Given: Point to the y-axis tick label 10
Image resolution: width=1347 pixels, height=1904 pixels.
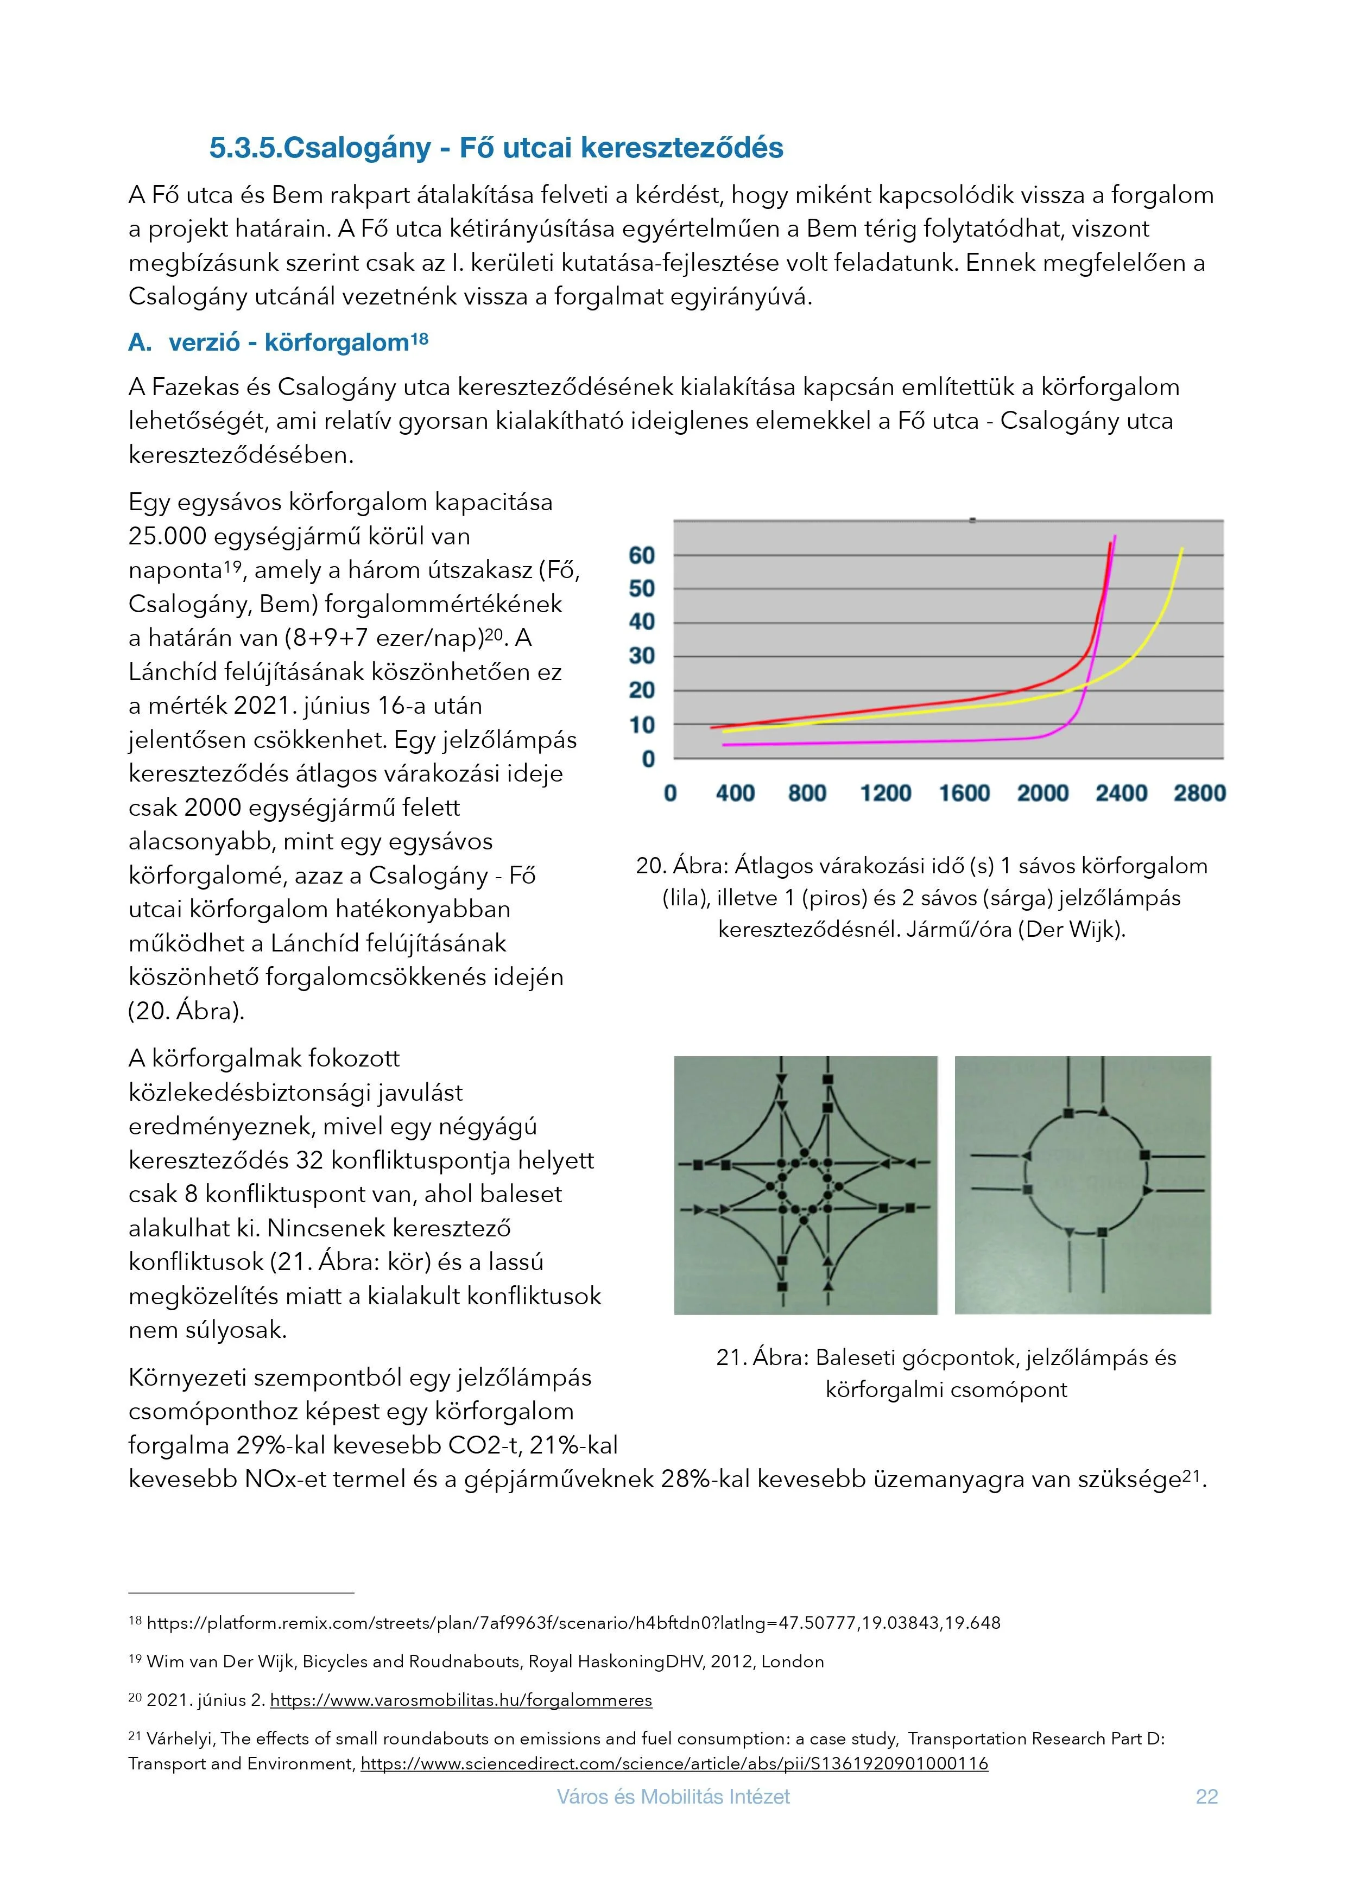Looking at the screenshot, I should pyautogui.click(x=641, y=725).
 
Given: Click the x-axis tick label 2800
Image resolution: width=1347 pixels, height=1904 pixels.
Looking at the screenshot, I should pyautogui.click(x=1199, y=794).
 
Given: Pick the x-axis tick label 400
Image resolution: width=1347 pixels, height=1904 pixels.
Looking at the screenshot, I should pyautogui.click(x=735, y=794).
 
